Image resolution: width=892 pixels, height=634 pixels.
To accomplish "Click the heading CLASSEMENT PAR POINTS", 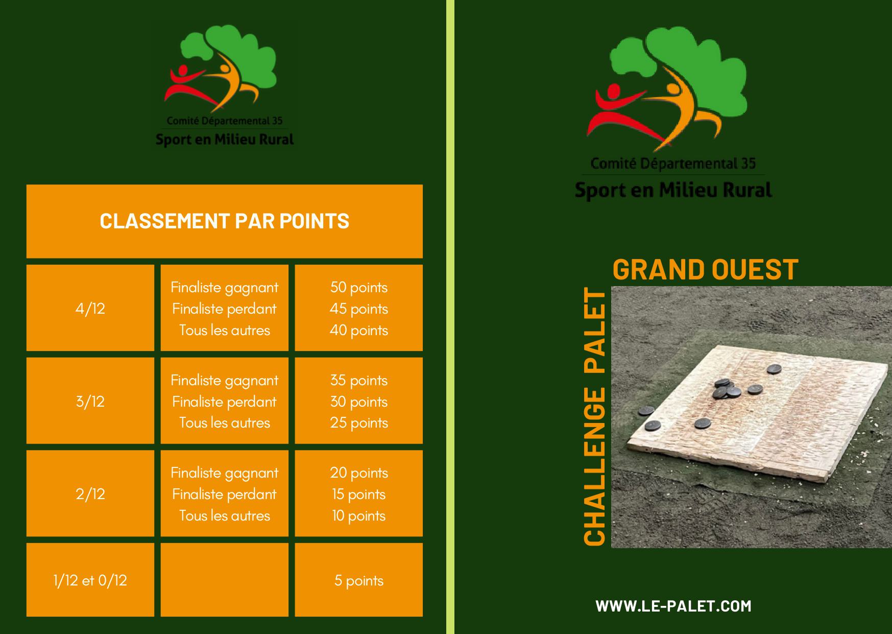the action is (x=225, y=221).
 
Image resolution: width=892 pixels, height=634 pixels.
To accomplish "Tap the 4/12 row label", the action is (x=90, y=309).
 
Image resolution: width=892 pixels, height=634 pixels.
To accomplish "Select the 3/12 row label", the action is (x=90, y=402).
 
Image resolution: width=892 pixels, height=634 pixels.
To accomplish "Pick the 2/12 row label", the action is (x=90, y=494).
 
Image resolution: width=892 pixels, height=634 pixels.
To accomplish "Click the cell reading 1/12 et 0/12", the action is (x=90, y=580).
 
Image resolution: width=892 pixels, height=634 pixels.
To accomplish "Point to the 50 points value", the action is (x=359, y=287).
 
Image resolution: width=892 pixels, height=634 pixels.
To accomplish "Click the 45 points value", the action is (x=359, y=309).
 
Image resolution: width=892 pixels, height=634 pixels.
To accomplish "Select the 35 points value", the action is (x=359, y=380).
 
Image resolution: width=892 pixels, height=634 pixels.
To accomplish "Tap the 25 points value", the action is (x=359, y=423).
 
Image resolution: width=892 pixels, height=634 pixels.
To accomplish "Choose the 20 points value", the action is (x=359, y=473).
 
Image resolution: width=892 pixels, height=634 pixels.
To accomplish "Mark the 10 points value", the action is (x=359, y=515).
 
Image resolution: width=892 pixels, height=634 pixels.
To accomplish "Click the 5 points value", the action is (x=359, y=580).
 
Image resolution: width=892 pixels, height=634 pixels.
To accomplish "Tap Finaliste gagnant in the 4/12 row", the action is (x=225, y=287).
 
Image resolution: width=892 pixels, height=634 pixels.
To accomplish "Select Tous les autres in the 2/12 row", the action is (x=225, y=515).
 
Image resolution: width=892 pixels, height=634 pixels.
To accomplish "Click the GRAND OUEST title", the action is (x=705, y=269).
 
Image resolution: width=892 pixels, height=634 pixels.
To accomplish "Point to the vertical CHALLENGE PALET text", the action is (x=594, y=417).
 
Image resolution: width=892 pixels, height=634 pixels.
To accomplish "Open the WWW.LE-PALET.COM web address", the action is (x=673, y=606).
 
